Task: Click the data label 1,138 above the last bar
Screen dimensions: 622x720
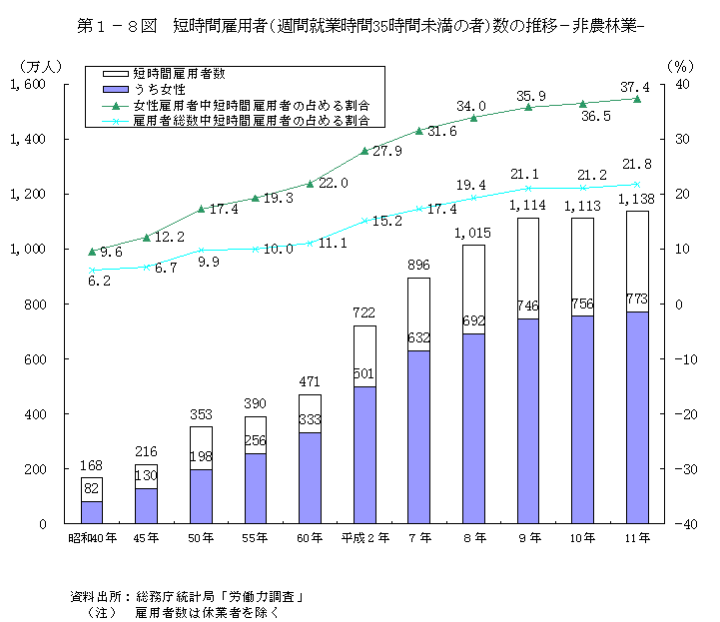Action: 637,200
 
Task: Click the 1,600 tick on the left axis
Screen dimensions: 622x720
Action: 30,85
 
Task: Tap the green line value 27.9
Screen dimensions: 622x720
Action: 386,152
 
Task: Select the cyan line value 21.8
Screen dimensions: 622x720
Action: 636,164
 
